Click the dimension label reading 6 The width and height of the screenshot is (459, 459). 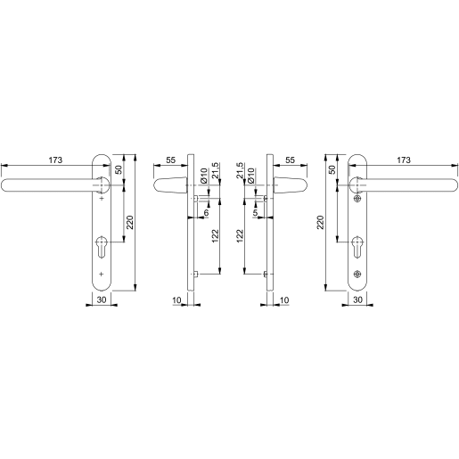click(x=206, y=212)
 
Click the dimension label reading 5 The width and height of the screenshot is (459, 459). click(x=256, y=212)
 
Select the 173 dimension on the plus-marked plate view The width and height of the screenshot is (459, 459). click(x=55, y=160)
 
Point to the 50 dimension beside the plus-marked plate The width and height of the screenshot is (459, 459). click(x=119, y=169)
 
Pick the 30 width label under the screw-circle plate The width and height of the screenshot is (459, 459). click(x=357, y=301)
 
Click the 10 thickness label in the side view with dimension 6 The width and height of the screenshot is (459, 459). click(x=178, y=301)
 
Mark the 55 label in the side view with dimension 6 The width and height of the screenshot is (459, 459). click(x=171, y=160)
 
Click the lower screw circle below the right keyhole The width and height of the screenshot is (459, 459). click(x=357, y=274)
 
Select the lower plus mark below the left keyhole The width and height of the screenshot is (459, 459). click(x=101, y=274)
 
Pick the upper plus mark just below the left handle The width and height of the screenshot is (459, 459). click(x=101, y=200)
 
